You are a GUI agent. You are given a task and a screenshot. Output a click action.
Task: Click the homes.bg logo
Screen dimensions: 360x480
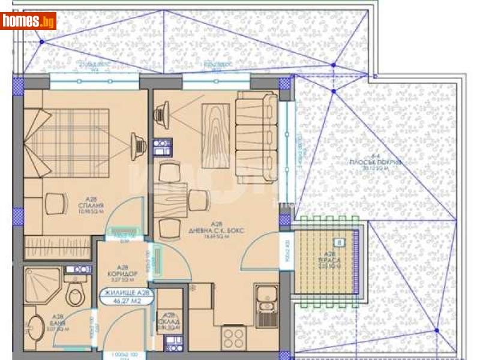pyautogui.click(x=29, y=21)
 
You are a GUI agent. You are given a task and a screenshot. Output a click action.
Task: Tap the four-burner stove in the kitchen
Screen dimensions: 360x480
pyautogui.click(x=232, y=337)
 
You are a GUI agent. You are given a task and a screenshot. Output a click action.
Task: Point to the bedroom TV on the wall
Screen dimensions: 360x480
pyautogui.click(x=139, y=144)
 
